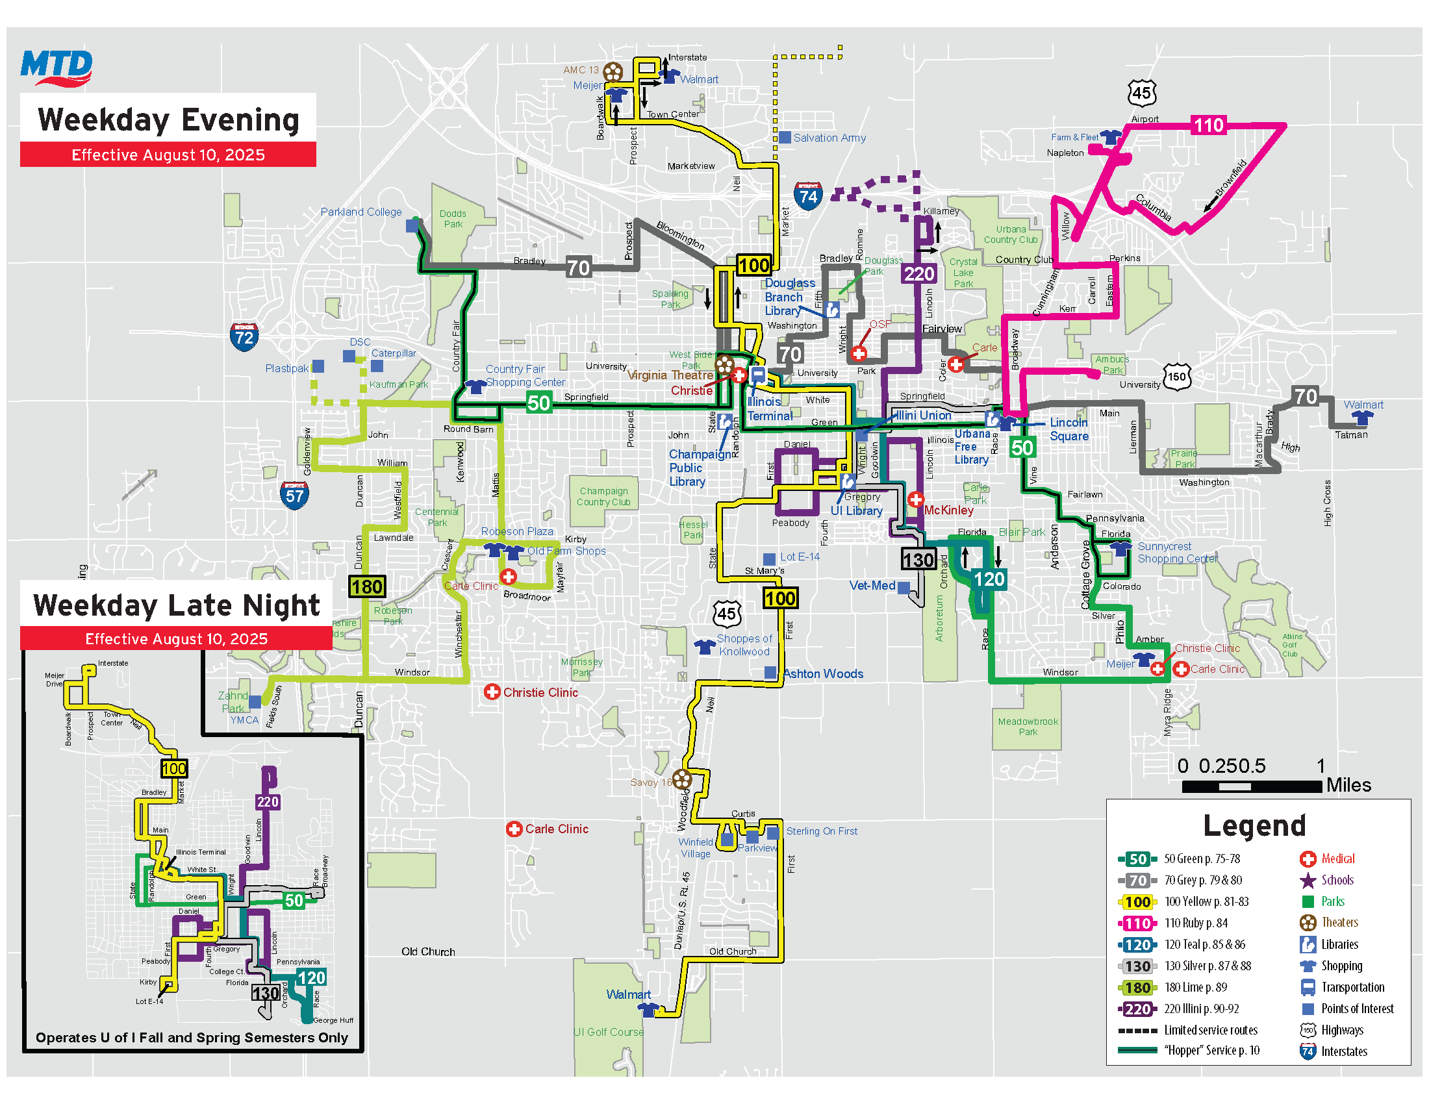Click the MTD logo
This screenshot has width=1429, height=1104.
[x=57, y=68]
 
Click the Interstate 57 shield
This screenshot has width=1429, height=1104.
[x=294, y=495]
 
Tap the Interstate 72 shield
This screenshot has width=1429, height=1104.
[x=244, y=337]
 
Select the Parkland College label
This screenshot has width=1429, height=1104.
[x=360, y=212]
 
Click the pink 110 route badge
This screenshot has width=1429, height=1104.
[x=1208, y=125]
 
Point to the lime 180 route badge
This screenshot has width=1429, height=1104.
[x=367, y=586]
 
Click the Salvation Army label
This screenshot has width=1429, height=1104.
[x=829, y=138]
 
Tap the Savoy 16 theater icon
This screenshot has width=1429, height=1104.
[x=682, y=778]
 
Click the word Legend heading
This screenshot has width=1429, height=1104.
[x=1254, y=825]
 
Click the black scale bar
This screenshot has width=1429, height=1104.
[x=1251, y=787]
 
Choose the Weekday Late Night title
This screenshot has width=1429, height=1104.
[x=177, y=605]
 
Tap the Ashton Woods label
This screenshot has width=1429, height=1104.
[x=823, y=673]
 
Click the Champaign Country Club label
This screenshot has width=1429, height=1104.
[x=603, y=496]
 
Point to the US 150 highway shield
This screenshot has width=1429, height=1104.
[x=1176, y=377]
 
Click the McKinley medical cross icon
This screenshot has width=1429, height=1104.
[x=915, y=499]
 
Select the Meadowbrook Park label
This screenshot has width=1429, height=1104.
[x=1028, y=726]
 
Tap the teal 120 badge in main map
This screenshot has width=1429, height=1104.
[x=989, y=579]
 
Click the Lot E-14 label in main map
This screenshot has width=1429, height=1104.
[x=800, y=557]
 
